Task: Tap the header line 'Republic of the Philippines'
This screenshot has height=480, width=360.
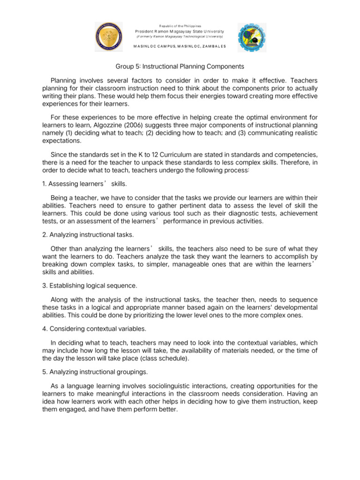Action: tap(180, 25)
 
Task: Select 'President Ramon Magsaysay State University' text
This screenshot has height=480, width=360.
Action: tap(180, 31)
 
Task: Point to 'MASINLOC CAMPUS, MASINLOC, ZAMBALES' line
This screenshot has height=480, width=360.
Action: tap(180, 46)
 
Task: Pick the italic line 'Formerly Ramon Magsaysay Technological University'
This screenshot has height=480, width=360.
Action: tap(180, 36)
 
